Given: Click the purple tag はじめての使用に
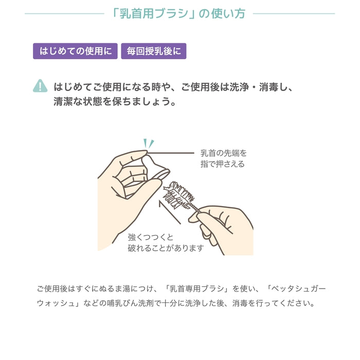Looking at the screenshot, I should (x=76, y=51).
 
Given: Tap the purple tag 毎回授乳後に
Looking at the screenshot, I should (x=153, y=51).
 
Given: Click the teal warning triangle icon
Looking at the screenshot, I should (x=40, y=86).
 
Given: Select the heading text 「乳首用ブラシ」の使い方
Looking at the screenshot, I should (x=179, y=13).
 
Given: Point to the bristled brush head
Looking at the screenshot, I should (x=179, y=195).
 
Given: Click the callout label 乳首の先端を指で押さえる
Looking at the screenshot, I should (x=223, y=158).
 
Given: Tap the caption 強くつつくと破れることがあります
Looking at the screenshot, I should (x=166, y=243).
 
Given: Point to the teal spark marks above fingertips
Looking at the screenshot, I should (x=148, y=142).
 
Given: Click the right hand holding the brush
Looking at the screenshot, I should (x=226, y=226).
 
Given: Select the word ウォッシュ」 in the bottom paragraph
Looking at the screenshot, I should (x=58, y=303).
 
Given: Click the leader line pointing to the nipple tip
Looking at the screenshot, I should (x=172, y=152).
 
